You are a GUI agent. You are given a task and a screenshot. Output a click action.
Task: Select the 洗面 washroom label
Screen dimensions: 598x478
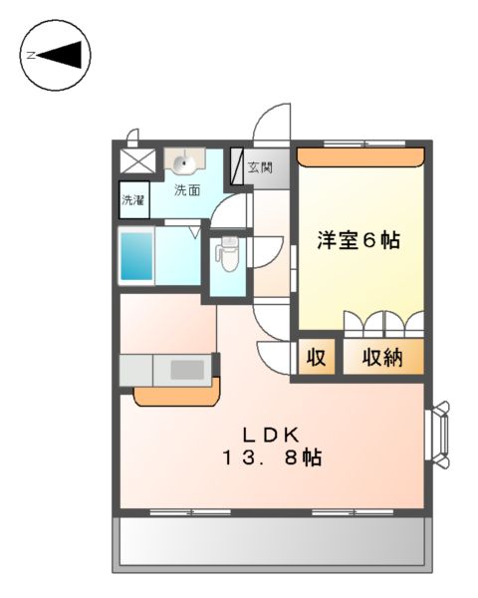tap(186, 188)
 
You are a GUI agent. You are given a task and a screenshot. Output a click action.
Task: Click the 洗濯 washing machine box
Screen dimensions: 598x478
tap(132, 199)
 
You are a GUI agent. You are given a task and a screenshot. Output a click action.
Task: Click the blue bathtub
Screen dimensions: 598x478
tap(136, 256)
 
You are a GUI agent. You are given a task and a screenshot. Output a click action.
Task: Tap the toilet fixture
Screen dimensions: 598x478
tap(227, 254)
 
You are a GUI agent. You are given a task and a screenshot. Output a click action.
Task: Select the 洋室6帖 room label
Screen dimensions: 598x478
tap(358, 240)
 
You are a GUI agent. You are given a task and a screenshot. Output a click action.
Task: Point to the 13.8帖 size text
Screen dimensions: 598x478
tap(271, 459)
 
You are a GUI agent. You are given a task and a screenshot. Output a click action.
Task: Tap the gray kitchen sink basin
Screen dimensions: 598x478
tap(186, 370)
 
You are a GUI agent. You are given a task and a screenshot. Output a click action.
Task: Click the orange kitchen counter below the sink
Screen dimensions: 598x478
tap(176, 395)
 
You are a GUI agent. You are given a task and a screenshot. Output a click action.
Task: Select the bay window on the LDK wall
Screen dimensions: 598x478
tap(439, 434)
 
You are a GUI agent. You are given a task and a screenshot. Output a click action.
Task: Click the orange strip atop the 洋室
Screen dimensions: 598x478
tap(361, 154)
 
